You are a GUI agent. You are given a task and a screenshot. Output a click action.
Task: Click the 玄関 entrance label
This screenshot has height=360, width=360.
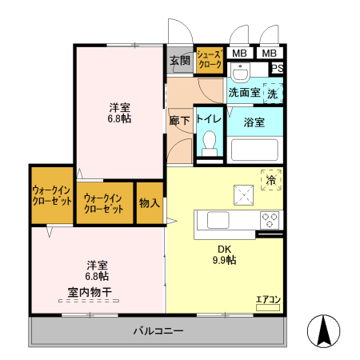pyautogui.click(x=180, y=61)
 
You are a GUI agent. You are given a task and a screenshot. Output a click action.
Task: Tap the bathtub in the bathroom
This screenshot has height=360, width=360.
pyautogui.click(x=254, y=150)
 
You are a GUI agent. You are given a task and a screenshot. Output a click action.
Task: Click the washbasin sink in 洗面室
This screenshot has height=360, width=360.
pyautogui.click(x=238, y=72)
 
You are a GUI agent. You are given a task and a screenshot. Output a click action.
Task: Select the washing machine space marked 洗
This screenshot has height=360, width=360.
pyautogui.click(x=273, y=93)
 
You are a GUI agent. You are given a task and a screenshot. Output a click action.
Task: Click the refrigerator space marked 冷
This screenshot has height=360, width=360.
pyautogui.click(x=270, y=180)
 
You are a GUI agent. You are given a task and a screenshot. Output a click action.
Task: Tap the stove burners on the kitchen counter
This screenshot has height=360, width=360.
pyautogui.click(x=269, y=218)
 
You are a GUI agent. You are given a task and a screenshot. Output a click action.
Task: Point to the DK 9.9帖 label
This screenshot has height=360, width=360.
pyautogui.click(x=224, y=254)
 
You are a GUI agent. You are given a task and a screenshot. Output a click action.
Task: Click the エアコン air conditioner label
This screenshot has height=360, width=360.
pyautogui.click(x=268, y=300)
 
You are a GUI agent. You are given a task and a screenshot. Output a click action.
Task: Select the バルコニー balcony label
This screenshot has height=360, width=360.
pyautogui.click(x=158, y=330)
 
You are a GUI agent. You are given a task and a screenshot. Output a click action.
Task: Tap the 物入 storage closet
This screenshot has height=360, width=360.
pyautogui.click(x=150, y=202)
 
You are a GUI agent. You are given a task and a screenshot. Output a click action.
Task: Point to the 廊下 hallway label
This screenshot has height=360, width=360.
pyautogui.click(x=179, y=120)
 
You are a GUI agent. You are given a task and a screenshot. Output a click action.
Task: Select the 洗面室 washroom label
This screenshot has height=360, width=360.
pyautogui.click(x=243, y=93)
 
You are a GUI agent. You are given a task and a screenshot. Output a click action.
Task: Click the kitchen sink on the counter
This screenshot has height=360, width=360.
pyautogui.click(x=218, y=218)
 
